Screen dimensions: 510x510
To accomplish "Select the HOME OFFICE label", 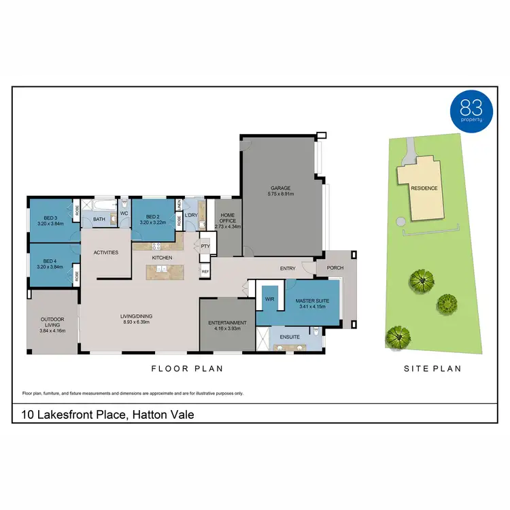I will point(228,217).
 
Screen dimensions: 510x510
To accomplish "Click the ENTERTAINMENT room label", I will point(227,322).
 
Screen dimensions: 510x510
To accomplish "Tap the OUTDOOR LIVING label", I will point(52,323).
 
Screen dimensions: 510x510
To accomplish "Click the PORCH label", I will point(335,267).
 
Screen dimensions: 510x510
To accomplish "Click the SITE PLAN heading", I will point(432,369).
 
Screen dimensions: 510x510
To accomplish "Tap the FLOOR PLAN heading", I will point(187,369).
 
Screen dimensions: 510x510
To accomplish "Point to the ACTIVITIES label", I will point(106,252).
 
